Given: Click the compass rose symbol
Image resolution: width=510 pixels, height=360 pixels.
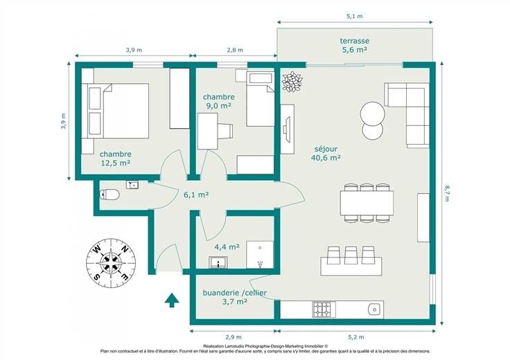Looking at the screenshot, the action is point(111,262).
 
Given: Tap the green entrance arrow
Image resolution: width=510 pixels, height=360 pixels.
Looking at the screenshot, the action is point(172,300).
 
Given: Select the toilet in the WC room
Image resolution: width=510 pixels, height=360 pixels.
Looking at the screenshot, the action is point(109,195).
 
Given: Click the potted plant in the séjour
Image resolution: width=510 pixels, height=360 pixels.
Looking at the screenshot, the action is point(292,82).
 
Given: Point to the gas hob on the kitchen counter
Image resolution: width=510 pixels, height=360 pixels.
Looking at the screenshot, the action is point(324,309).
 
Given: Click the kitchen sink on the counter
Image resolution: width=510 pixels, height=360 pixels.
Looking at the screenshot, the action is point(375,309).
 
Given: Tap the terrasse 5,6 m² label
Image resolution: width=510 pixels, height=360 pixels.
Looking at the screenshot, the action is point(355,45).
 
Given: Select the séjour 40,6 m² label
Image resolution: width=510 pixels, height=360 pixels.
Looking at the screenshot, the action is point(326,154).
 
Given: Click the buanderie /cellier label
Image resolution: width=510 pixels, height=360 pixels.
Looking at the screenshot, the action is point(234,293).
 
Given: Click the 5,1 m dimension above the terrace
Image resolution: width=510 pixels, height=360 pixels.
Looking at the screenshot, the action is point(355,16).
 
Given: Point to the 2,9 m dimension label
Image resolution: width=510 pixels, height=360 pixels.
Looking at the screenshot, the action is point(234,337).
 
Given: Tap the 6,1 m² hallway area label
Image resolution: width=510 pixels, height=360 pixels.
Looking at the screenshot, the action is point(196,195).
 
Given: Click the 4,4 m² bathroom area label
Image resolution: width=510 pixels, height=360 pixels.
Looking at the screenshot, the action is point(227,247).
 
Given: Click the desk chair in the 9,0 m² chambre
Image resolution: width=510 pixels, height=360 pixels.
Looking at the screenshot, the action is point(225,131).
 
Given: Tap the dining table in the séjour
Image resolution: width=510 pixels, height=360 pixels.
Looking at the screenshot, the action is point(367,203).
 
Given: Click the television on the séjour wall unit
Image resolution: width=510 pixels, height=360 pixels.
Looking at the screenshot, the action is point(285,129).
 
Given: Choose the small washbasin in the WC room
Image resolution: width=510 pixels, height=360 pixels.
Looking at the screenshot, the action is point(132,185).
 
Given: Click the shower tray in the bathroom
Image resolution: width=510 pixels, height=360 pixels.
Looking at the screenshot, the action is point(260,255).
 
